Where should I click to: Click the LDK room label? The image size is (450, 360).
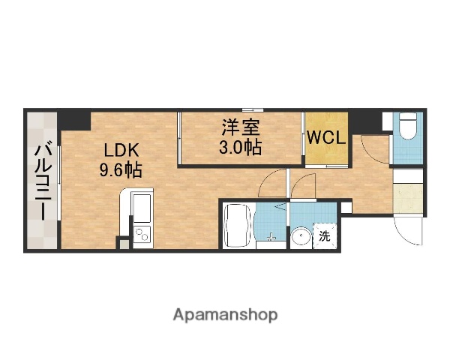(121, 149)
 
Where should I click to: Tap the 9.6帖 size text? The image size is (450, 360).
(121, 169)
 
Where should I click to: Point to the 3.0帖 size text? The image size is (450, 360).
(240, 147)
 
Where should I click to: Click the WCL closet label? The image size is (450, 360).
(326, 138)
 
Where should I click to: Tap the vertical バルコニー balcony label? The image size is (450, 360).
(42, 180)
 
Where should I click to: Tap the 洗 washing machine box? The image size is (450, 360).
(325, 236)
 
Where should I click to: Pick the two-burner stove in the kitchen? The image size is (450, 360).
(141, 234)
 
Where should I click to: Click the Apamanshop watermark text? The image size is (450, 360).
(225, 314)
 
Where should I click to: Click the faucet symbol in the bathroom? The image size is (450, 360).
(271, 238)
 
